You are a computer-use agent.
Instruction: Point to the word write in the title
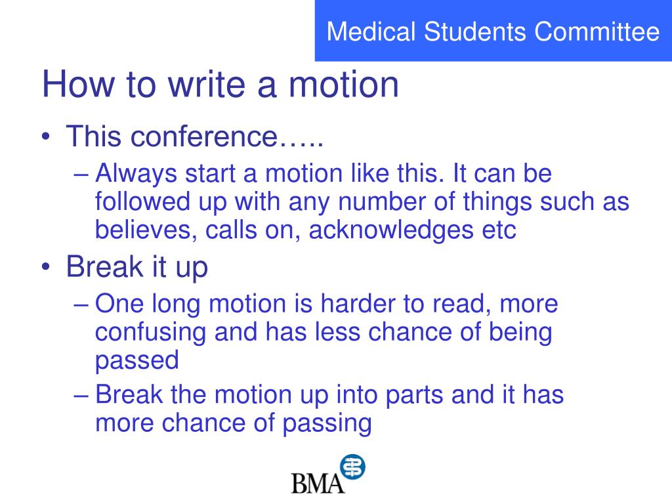click(196, 85)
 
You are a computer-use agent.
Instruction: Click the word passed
click(136, 360)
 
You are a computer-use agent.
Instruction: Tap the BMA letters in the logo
click(318, 483)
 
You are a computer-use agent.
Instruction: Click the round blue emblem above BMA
click(352, 467)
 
